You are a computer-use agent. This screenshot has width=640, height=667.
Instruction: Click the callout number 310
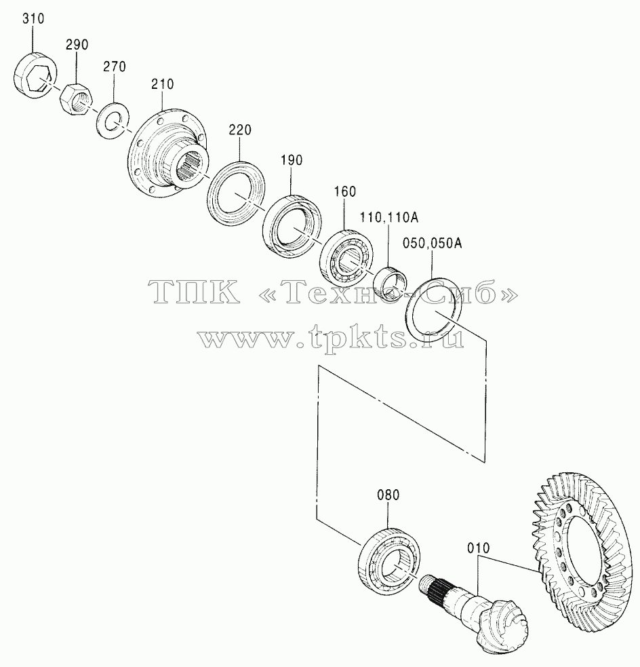coord(33,19)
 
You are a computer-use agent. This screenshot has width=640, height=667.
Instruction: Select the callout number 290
coord(77,45)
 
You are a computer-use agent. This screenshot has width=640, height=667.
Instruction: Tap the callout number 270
coord(115,66)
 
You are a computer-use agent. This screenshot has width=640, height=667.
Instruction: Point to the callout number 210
coord(162,84)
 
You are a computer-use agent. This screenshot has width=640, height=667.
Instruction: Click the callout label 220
coord(240,130)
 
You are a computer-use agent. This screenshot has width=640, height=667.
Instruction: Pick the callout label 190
coord(292,160)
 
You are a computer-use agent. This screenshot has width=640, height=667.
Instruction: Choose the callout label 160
coord(344,192)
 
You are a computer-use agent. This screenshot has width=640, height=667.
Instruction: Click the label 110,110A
coord(389,218)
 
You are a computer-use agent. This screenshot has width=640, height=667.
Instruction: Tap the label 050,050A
coord(433,244)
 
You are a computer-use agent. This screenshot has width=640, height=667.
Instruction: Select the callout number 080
coord(388,495)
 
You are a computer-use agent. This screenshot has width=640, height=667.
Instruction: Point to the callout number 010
coord(479,548)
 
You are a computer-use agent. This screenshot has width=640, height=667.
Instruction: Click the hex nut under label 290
coord(77,98)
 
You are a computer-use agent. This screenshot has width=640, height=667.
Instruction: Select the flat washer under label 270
coord(113,119)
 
